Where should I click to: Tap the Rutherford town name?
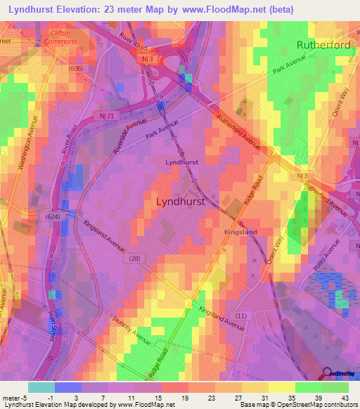pyautogui.click(x=323, y=44)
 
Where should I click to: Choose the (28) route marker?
pyautogui.click(x=134, y=259)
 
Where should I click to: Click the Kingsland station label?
pyautogui.click(x=240, y=231)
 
